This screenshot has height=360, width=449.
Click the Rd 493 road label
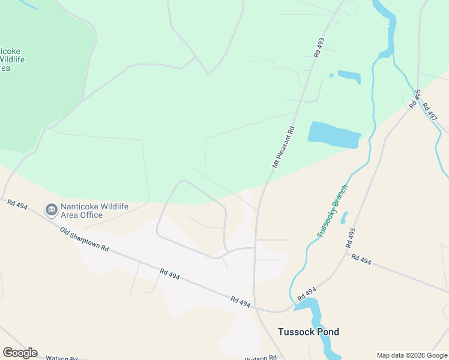pyautogui.click(x=319, y=48)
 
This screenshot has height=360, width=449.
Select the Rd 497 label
pyautogui.click(x=429, y=111)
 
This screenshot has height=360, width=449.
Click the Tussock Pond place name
pyautogui.click(x=308, y=332)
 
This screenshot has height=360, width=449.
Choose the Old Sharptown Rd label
pyautogui.click(x=85, y=239)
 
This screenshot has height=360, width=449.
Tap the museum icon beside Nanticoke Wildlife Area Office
pyautogui.click(x=52, y=209)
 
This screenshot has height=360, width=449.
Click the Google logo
pyautogui.click(x=20, y=353)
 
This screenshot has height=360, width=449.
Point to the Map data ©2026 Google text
pyautogui.click(x=411, y=355)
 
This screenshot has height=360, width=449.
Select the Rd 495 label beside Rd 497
pyautogui.click(x=414, y=99)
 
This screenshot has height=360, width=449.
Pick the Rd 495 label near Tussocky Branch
pyautogui.click(x=351, y=238)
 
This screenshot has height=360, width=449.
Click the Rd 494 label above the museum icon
pyautogui.click(x=17, y=205)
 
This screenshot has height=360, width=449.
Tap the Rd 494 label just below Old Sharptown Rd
pyautogui.click(x=170, y=274)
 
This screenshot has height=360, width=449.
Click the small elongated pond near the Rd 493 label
pyautogui.click(x=349, y=77)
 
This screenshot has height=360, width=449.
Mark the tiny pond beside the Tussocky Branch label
pyautogui.click(x=344, y=217)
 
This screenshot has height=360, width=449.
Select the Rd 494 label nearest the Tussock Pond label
pyautogui.click(x=306, y=293)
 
